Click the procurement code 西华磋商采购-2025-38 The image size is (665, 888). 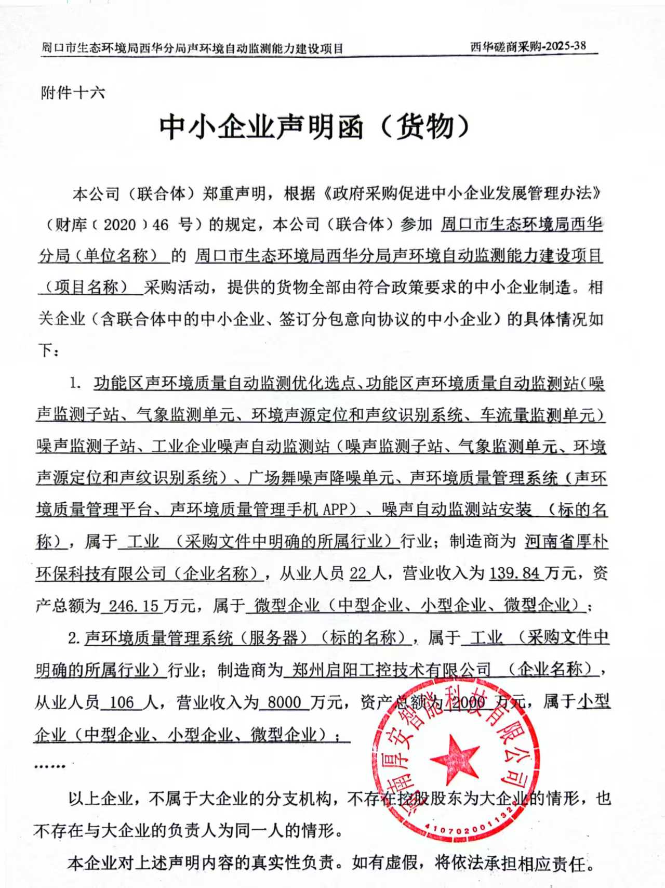pyautogui.click(x=528, y=46)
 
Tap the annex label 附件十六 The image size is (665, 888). pyautogui.click(x=73, y=93)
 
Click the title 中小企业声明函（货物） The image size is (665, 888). pyautogui.click(x=315, y=127)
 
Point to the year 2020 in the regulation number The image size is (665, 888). pyautogui.click(x=119, y=225)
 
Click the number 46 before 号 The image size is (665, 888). pyautogui.click(x=161, y=225)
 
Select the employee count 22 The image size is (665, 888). pyautogui.click(x=358, y=573)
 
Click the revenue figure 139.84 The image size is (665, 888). pyautogui.click(x=515, y=573)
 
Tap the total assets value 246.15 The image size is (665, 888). pyautogui.click(x=134, y=605)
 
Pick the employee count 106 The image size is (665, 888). pyautogui.click(x=122, y=702)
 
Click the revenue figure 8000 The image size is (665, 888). pyautogui.click(x=284, y=702)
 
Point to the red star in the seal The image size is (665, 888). pyautogui.click(x=455, y=759)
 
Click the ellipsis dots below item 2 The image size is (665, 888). pyautogui.click(x=49, y=766)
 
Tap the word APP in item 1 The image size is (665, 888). pyautogui.click(x=334, y=509)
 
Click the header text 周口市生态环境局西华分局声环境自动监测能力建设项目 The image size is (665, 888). pyautogui.click(x=192, y=48)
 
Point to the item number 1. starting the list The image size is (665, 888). pyautogui.click(x=75, y=384)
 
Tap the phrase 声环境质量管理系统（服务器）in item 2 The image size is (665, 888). pyautogui.click(x=197, y=637)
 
